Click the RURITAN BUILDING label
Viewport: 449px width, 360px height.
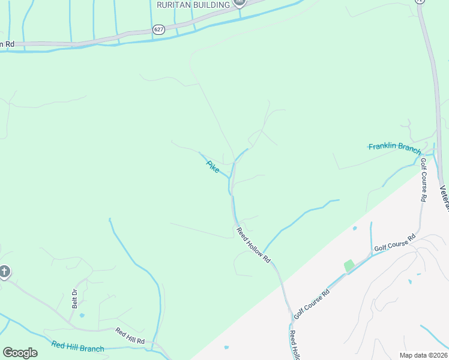[193, 5]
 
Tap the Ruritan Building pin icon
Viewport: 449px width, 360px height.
[240, 3]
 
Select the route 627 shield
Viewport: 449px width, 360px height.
[158, 29]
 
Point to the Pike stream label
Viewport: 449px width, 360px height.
[212, 165]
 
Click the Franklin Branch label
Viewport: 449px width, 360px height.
[394, 146]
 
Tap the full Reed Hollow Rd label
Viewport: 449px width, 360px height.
[254, 244]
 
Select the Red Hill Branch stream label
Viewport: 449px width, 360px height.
[77, 346]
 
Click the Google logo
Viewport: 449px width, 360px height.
[20, 353]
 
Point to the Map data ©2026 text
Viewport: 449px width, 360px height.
[424, 355]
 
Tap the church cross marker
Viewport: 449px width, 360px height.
[4, 272]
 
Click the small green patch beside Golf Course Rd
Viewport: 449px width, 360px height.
[349, 265]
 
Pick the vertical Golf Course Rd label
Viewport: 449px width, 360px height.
[423, 179]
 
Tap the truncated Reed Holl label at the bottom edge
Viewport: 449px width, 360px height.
[294, 345]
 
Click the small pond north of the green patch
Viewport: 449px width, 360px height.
[355, 229]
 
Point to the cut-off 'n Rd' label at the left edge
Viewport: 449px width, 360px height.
[7, 44]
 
